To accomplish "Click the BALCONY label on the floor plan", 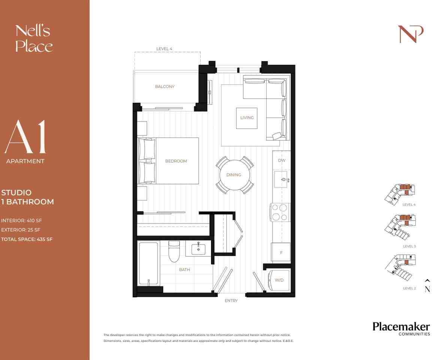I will pyautogui.click(x=165, y=87).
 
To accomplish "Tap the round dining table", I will pyautogui.click(x=234, y=175).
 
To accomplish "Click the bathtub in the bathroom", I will pyautogui.click(x=148, y=264).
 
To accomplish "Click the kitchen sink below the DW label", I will pyautogui.click(x=281, y=180).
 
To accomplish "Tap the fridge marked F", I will pyautogui.click(x=281, y=252).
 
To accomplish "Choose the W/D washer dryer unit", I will pyautogui.click(x=279, y=280).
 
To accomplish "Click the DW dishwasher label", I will pyautogui.click(x=282, y=160).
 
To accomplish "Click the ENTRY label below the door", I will pyautogui.click(x=231, y=301).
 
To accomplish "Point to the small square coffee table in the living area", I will pyautogui.click(x=247, y=118).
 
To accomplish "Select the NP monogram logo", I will pyautogui.click(x=411, y=34).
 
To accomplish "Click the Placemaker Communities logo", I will pyautogui.click(x=401, y=328).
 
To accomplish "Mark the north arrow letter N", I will pyautogui.click(x=427, y=289).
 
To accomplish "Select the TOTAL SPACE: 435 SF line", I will pyautogui.click(x=27, y=239).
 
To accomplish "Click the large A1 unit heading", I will pyautogui.click(x=25, y=138).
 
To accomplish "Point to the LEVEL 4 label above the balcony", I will pyautogui.click(x=164, y=49).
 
